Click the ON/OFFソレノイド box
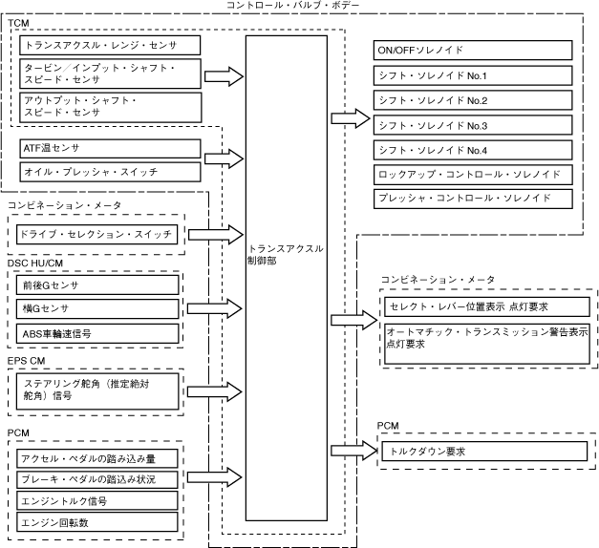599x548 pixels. (473, 51)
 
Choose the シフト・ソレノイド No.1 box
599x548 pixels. (473, 75)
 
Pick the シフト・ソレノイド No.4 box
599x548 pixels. (473, 150)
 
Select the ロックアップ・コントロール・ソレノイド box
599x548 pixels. (473, 175)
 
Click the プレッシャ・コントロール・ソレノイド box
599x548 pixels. (473, 199)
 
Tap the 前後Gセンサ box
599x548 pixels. (97, 285)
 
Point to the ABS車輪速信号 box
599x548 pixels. (97, 333)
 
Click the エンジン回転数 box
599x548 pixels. (97, 523)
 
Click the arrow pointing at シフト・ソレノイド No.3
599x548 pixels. (350, 118)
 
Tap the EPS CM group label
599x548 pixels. (26, 360)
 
